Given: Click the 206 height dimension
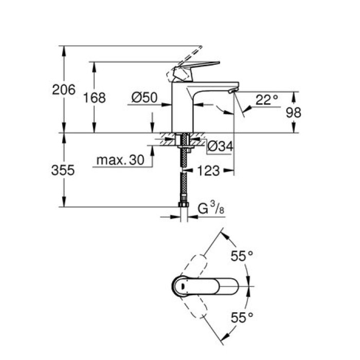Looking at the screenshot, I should (64, 89).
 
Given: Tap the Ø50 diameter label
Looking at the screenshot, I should (145, 97).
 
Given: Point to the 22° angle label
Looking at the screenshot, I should (266, 99).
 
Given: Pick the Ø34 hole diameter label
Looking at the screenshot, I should (220, 147).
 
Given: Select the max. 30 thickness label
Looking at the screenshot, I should (119, 161).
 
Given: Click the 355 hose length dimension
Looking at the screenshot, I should (64, 170).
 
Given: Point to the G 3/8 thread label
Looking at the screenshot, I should (211, 208).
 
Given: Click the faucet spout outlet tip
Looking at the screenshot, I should (231, 91).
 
